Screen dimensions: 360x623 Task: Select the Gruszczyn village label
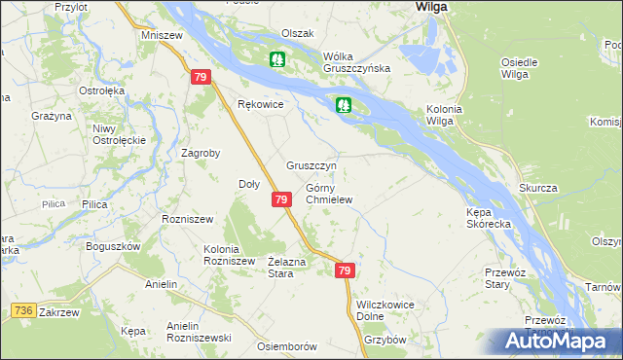(x=311, y=165)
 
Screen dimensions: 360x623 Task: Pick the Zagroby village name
(x=202, y=153)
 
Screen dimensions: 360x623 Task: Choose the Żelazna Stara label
(x=287, y=268)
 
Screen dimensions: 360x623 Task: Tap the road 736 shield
(x=25, y=309)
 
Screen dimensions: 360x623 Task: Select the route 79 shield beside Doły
(x=280, y=199)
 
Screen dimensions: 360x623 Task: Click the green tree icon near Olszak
(x=277, y=60)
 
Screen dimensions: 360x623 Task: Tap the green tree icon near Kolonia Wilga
(x=344, y=105)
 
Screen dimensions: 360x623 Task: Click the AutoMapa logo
(x=557, y=341)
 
